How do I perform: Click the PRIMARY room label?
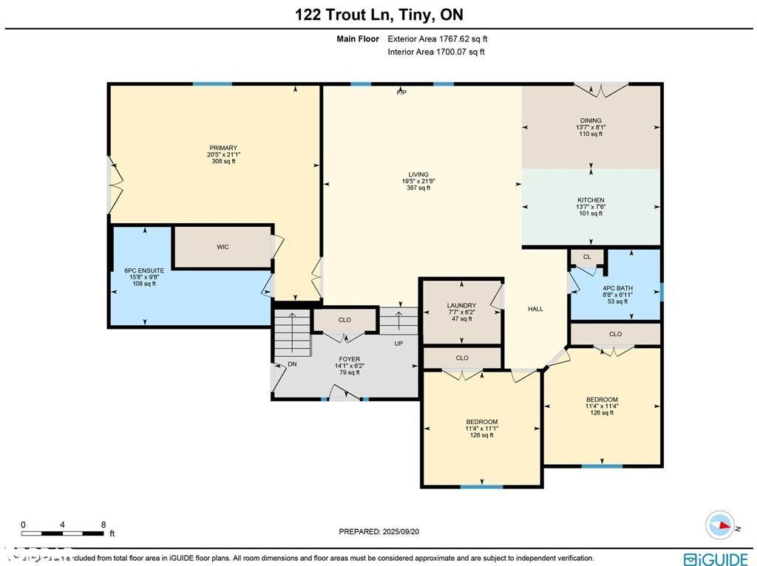click(223, 148)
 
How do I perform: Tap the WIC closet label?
click(223, 247)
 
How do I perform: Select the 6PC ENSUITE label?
click(144, 270)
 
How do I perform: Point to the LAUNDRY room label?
click(461, 305)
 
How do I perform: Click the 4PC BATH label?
click(617, 288)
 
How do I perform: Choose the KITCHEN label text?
click(591, 200)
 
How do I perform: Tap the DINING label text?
click(591, 120)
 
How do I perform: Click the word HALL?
click(535, 309)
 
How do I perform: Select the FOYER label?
click(349, 359)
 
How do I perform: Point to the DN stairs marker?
click(292, 364)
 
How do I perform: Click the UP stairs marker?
click(398, 344)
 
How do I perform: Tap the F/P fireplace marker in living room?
click(401, 93)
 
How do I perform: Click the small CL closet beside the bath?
click(587, 257)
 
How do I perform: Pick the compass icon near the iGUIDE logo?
click(719, 525)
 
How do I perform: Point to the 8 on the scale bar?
click(103, 525)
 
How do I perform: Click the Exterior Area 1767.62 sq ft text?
click(438, 39)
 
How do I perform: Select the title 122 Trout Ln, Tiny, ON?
click(378, 14)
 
